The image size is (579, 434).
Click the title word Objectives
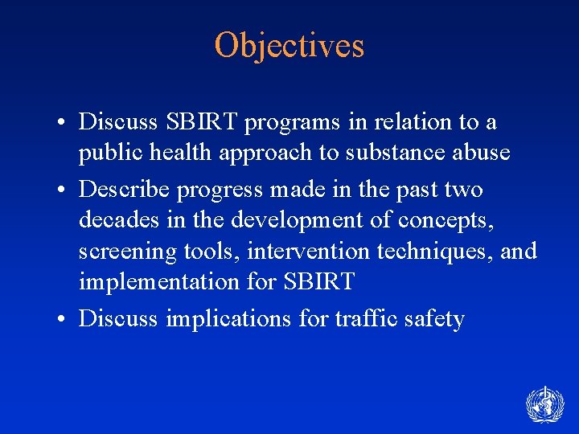[289, 46]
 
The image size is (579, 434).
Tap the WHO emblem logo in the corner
[544, 404]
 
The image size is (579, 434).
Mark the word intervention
[303, 252]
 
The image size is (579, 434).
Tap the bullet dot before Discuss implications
[61, 320]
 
